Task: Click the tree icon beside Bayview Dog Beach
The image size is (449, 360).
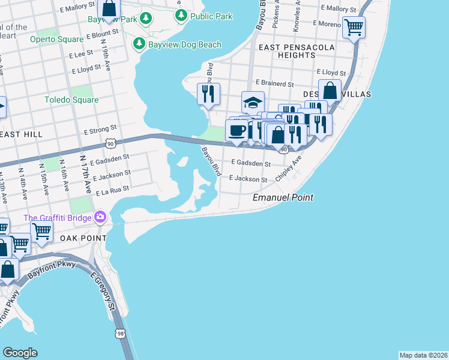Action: (x=139, y=44)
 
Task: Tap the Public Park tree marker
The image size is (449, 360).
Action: (x=181, y=16)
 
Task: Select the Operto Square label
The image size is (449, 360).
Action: (x=57, y=40)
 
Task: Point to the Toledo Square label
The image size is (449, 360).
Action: (x=71, y=100)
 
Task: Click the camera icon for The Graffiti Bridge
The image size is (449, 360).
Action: (x=100, y=217)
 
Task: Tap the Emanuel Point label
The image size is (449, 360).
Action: (x=283, y=197)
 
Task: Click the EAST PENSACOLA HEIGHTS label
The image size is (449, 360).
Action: (x=287, y=51)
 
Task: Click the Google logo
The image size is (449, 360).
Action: (x=20, y=352)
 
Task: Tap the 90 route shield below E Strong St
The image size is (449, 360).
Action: (x=109, y=144)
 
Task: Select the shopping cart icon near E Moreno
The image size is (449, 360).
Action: (x=354, y=26)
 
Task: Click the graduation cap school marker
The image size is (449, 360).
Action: (x=253, y=101)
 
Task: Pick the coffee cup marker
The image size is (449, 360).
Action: (x=237, y=130)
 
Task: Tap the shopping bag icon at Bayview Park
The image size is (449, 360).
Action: (x=109, y=8)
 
